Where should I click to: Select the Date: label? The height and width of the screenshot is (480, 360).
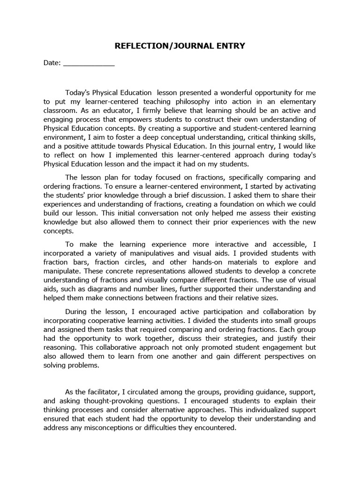52,64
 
